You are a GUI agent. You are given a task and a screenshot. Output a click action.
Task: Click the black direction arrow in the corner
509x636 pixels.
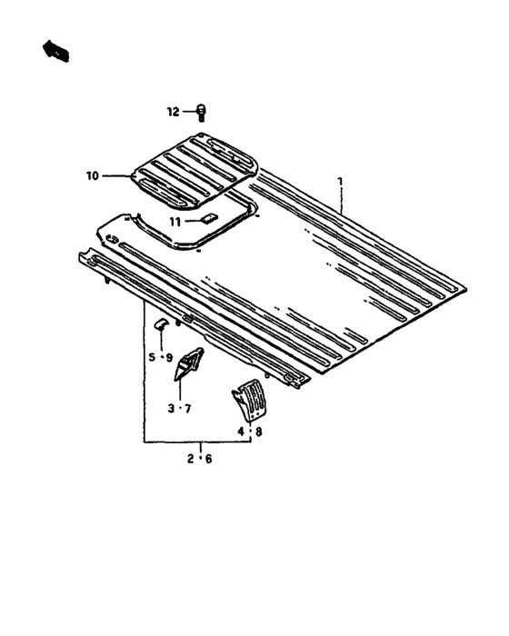56,50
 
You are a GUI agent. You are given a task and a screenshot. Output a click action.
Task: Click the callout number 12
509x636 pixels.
174,112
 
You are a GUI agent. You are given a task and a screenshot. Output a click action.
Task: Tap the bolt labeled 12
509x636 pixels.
202,113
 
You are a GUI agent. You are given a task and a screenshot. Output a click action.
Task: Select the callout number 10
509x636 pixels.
92,176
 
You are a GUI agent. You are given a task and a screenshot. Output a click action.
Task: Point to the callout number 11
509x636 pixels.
175,222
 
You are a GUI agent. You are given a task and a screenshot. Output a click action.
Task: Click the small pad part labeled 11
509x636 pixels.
210,218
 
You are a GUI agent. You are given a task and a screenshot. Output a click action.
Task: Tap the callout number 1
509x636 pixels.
341,181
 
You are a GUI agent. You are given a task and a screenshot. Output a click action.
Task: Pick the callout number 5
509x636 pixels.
152,357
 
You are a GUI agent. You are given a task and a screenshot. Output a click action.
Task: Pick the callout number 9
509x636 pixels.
169,358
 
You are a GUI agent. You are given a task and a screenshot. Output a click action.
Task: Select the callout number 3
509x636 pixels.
172,409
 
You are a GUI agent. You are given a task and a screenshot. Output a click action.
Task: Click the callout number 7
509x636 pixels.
187,409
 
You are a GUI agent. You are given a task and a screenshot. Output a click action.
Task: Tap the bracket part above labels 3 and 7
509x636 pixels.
188,363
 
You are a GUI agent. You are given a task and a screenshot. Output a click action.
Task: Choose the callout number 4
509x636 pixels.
242,432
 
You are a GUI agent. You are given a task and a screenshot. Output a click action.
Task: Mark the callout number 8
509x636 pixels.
258,432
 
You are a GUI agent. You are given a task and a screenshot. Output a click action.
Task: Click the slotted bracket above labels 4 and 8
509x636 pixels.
250,401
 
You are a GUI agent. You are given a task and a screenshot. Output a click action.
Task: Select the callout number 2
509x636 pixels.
190,459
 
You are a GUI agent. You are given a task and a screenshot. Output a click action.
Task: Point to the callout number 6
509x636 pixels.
208,459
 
